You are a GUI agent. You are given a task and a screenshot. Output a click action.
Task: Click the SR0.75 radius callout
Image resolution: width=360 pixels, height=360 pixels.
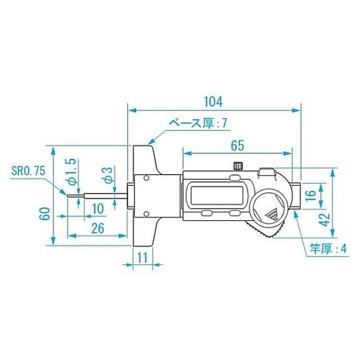(28, 172)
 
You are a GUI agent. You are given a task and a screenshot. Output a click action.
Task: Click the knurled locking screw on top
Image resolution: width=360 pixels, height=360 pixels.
(237, 168)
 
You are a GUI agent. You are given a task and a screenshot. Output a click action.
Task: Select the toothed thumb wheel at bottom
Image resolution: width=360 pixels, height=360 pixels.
(266, 232)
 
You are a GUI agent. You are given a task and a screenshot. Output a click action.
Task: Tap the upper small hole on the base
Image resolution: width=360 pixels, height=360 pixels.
(145, 177)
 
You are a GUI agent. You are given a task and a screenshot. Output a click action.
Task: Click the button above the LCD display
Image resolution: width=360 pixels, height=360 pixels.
(206, 177)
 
